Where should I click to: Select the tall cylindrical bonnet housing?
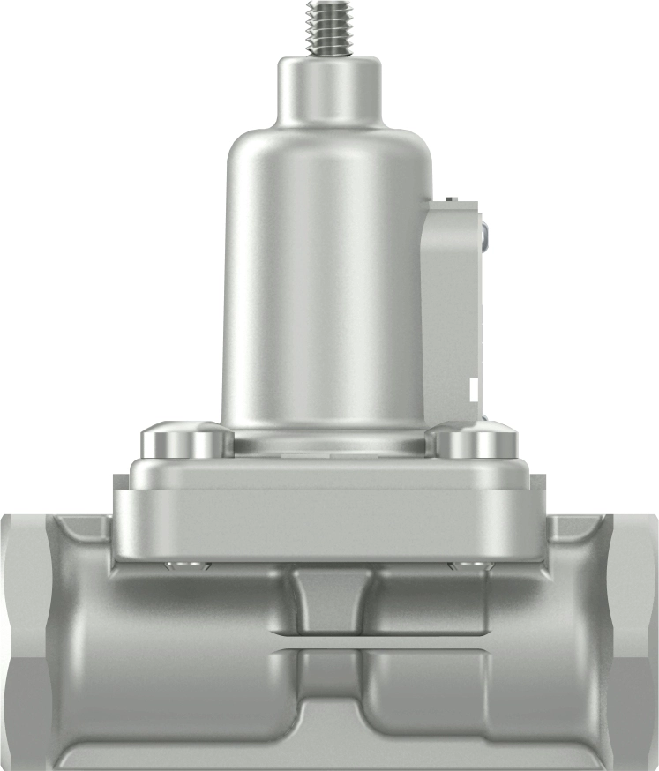pos(326,282)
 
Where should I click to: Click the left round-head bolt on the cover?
pos(186,438)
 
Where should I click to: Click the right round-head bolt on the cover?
pos(477,440)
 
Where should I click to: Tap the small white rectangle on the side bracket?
pos(476,389)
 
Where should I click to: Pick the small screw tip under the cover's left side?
pos(187,565)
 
